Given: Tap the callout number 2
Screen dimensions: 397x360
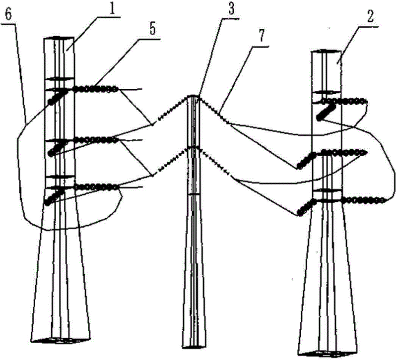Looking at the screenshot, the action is pyautogui.click(x=370, y=17).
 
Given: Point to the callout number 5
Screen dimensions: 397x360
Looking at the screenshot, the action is pyautogui.click(x=152, y=30).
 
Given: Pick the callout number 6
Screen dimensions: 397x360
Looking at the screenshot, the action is pyautogui.click(x=8, y=15).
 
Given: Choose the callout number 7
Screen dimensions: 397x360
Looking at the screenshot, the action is pyautogui.click(x=261, y=37).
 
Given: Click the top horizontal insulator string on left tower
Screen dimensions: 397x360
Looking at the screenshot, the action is pyautogui.click(x=95, y=89).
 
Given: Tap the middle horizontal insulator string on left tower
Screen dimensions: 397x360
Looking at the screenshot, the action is pyautogui.click(x=95, y=139).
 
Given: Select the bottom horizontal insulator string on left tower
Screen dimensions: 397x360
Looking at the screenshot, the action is pyautogui.click(x=96, y=187).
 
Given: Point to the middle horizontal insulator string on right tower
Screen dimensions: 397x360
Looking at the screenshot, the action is pyautogui.click(x=344, y=152).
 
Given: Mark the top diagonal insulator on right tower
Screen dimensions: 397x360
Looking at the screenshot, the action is pyautogui.click(x=327, y=112).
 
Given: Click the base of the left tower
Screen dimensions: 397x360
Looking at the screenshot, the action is pyautogui.click(x=61, y=340).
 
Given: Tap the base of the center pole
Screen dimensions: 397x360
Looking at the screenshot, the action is pyautogui.click(x=195, y=346).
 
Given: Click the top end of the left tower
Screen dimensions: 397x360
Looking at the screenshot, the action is pyautogui.click(x=59, y=38).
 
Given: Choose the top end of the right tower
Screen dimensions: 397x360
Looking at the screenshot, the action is pyautogui.click(x=326, y=52).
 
